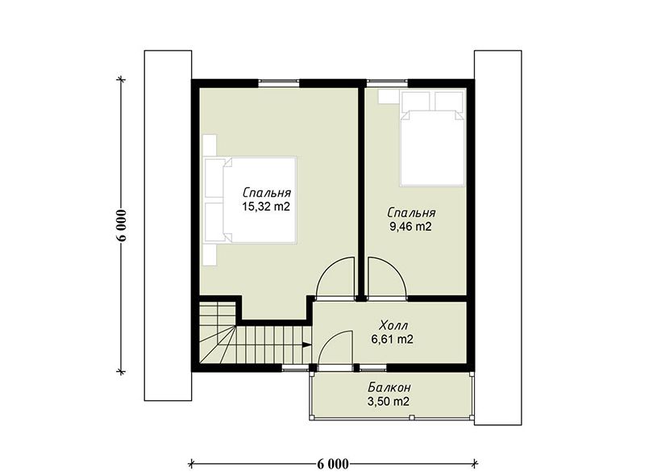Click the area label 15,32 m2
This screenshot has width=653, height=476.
click(x=266, y=207)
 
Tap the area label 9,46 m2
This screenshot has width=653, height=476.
click(x=410, y=227)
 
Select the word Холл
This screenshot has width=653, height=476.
click(x=394, y=325)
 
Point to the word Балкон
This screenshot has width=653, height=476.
click(x=389, y=387)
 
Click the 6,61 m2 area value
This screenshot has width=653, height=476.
click(x=393, y=340)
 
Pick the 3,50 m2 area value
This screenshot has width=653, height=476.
click(x=388, y=402)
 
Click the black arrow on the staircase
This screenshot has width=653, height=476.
click(x=306, y=344)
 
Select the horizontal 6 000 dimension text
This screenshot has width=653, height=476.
click(x=332, y=464)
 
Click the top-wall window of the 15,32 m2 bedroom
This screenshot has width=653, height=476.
click(x=279, y=82)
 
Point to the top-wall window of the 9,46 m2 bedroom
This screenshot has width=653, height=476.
click(x=387, y=82)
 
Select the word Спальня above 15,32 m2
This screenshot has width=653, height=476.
click(x=267, y=193)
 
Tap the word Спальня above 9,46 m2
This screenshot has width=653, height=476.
click(x=411, y=213)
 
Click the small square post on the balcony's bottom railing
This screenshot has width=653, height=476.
click(x=411, y=417)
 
